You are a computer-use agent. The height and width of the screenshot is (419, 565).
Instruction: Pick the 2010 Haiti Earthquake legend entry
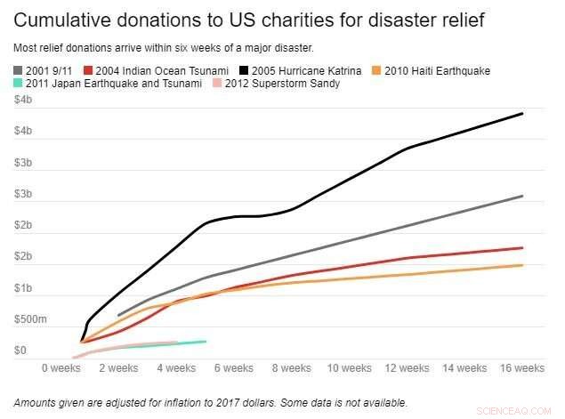point(432,70)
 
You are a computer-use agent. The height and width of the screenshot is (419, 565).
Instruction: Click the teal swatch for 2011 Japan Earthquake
point(19,84)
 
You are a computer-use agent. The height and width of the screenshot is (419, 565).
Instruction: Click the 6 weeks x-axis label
point(233,367)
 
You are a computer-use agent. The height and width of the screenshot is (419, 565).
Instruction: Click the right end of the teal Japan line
point(206,342)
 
